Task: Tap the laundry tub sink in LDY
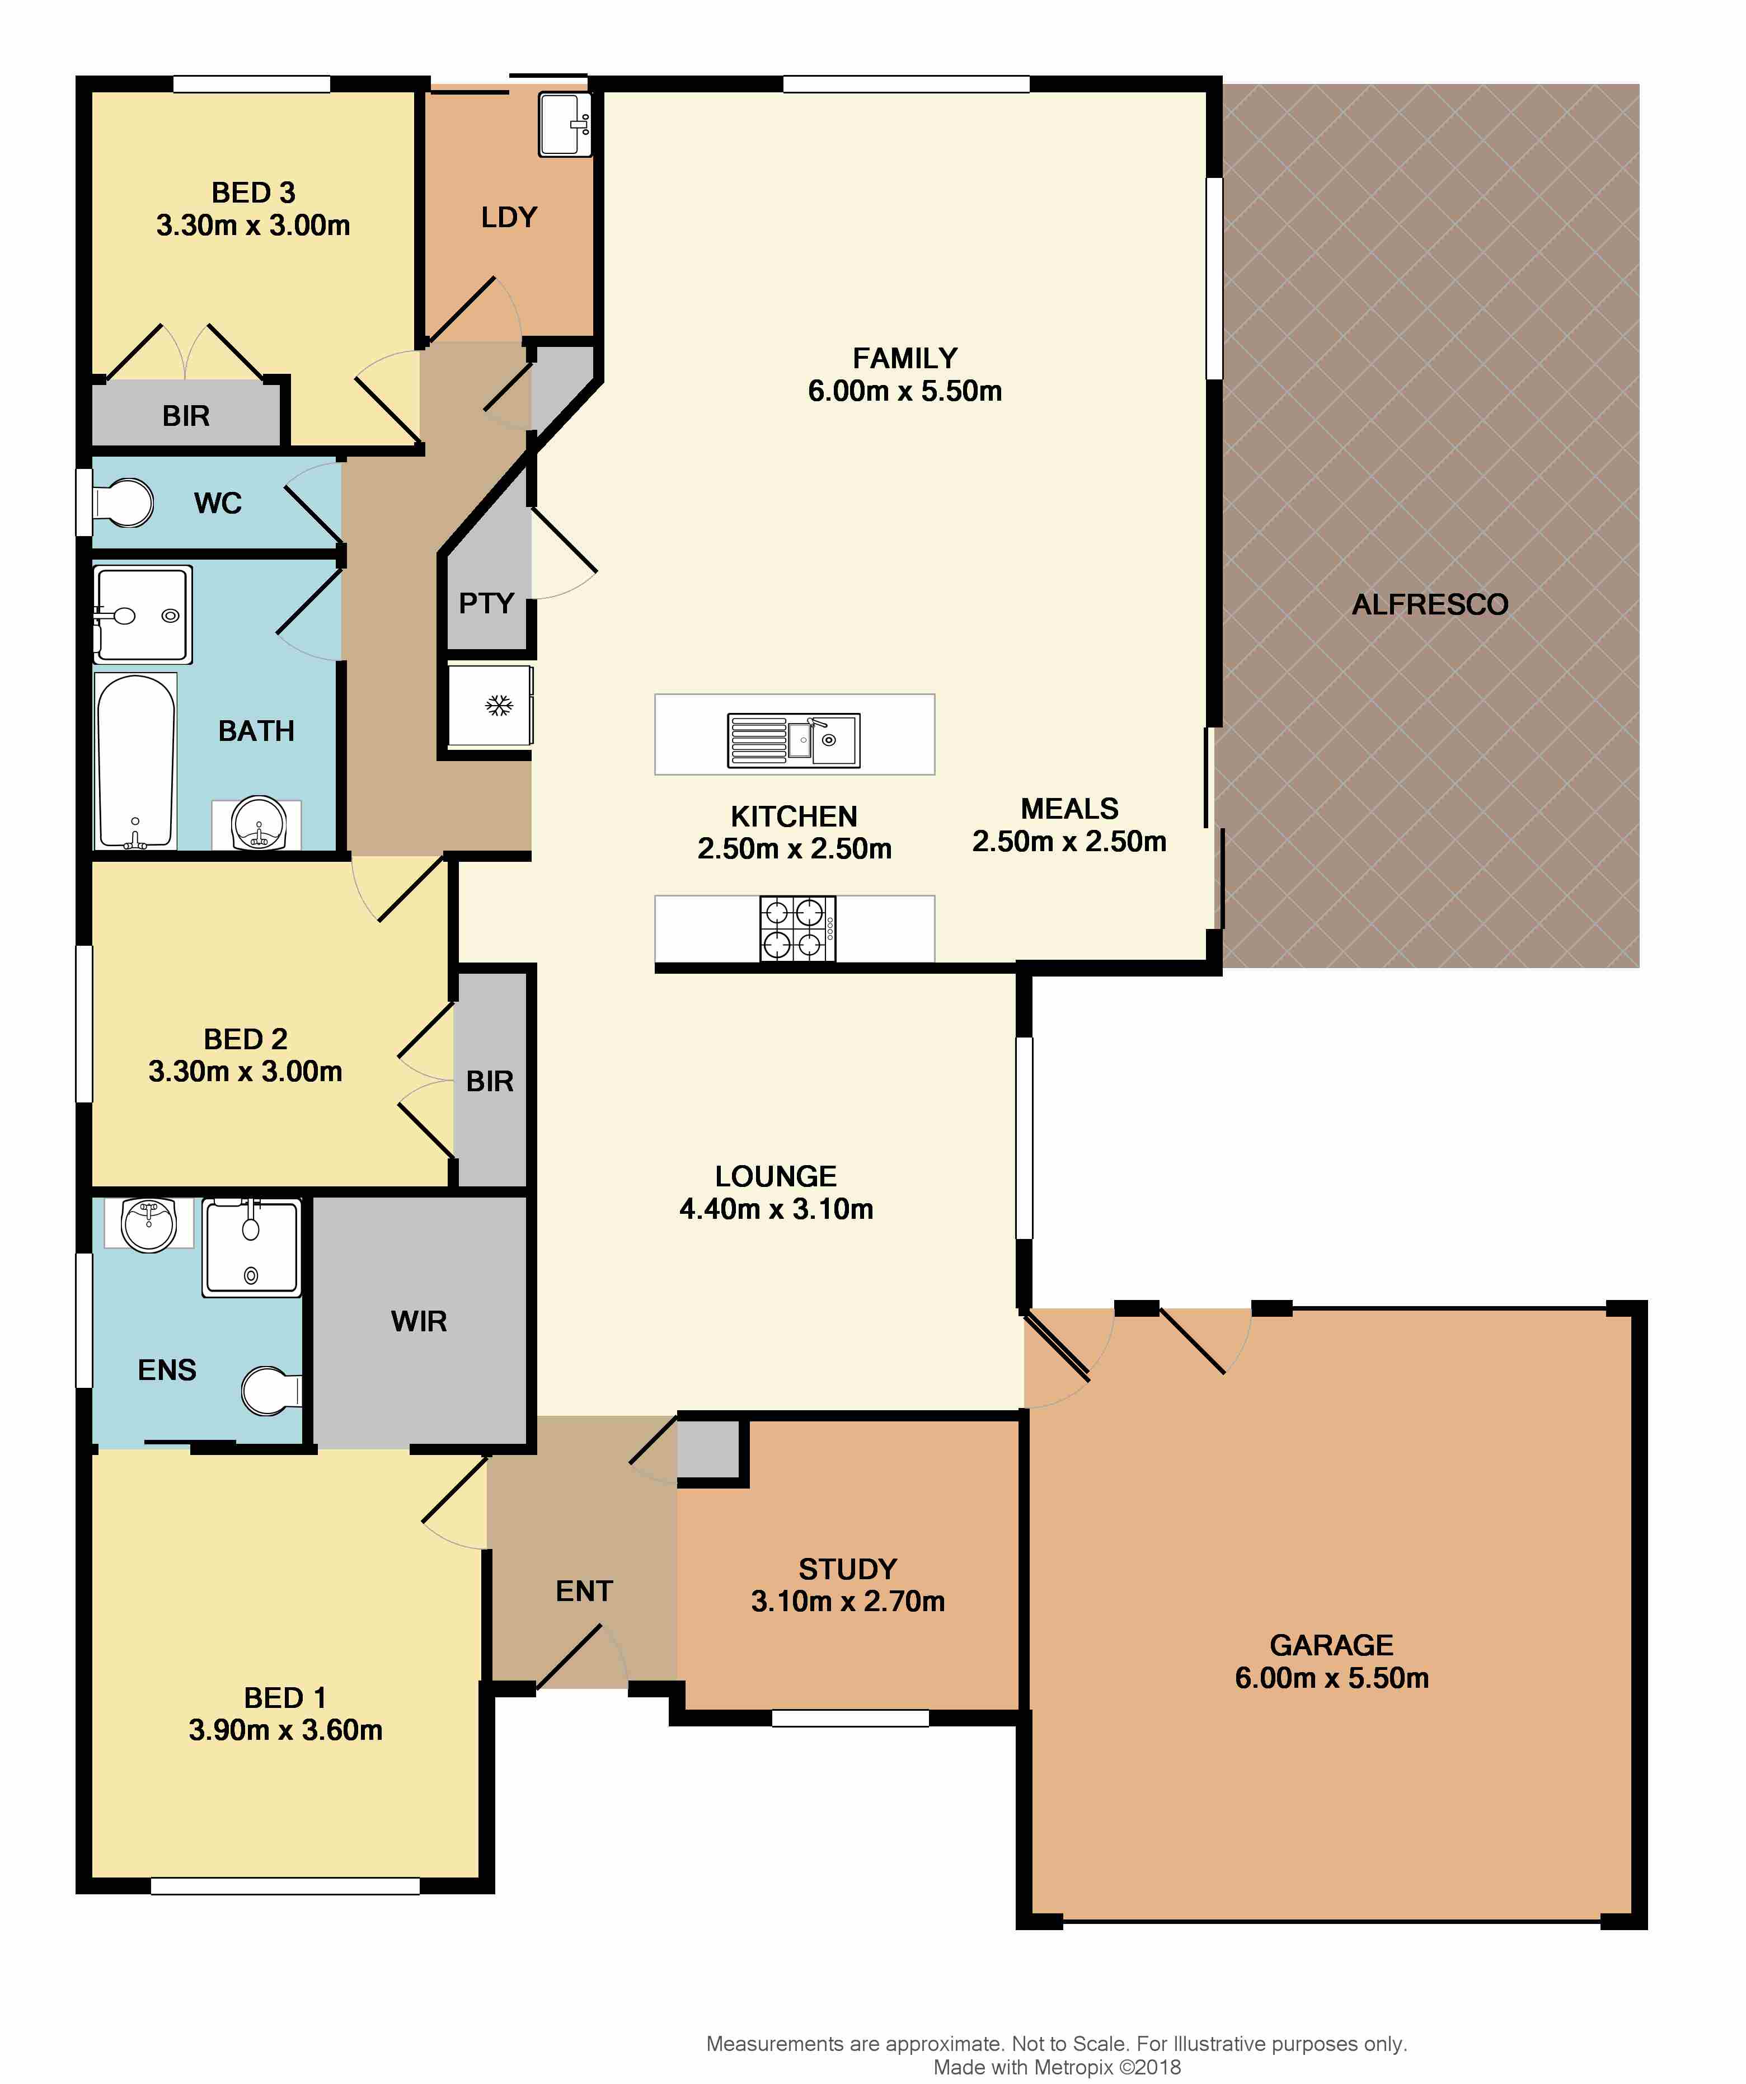point(564,124)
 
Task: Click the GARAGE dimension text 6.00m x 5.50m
point(1331,1678)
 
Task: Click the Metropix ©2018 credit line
point(1056,2067)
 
